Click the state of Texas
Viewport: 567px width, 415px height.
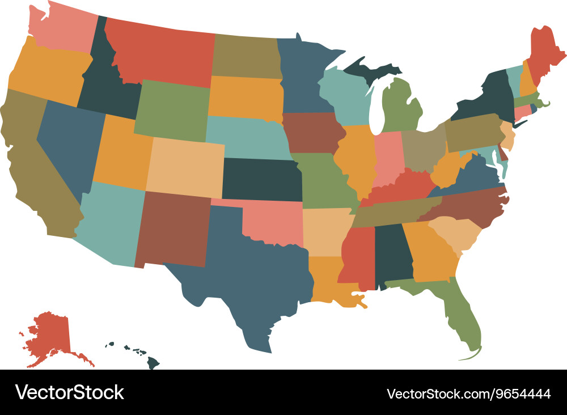point(249,272)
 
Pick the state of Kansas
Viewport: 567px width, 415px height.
point(261,179)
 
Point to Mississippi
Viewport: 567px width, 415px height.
point(357,255)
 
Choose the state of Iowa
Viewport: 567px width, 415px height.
point(312,133)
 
